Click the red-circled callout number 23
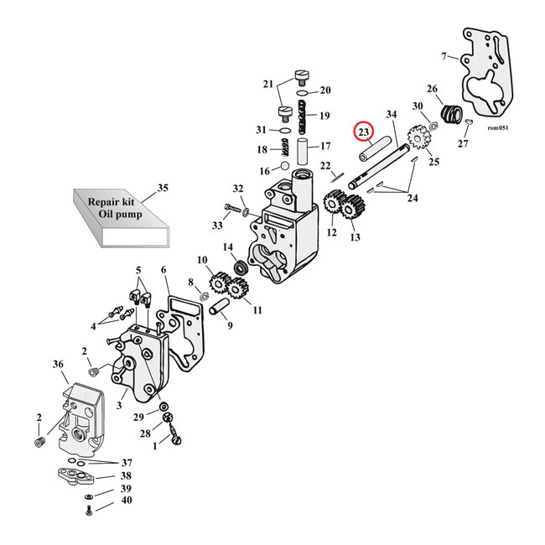(363, 132)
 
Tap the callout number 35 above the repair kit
(162, 188)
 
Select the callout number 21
(268, 84)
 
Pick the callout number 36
(58, 365)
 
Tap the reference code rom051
(497, 128)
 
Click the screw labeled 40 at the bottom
(88, 508)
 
